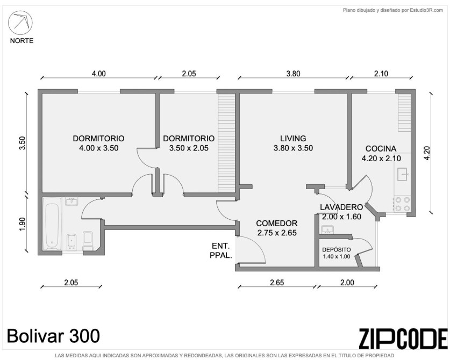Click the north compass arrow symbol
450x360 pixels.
coord(20,23)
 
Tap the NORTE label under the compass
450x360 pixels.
coord(22,41)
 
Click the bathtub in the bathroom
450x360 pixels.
coord(52,226)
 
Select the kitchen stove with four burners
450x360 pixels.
coord(402,204)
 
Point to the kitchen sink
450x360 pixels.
coord(403,175)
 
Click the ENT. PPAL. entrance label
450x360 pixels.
coord(220,250)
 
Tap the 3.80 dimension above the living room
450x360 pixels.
coord(293,74)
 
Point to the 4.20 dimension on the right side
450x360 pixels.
coord(427,153)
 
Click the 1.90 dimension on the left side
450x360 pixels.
coord(23,224)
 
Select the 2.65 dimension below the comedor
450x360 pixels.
coord(277,283)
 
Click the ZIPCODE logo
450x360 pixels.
coord(403,339)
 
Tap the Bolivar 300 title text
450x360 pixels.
coord(53,336)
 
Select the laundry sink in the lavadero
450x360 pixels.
coord(327,229)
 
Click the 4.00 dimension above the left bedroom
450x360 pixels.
coord(99,74)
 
